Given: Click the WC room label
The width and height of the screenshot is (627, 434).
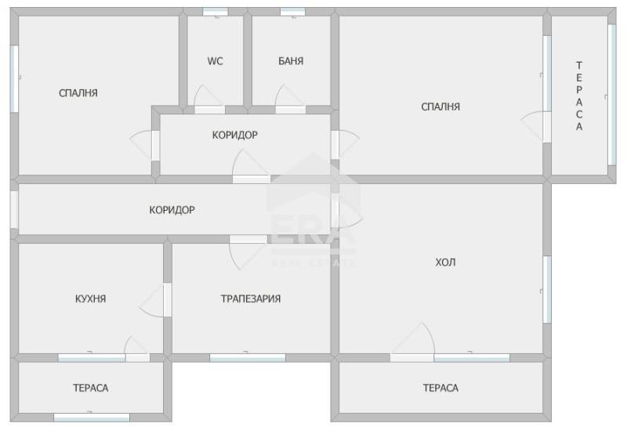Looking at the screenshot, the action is tap(215, 61).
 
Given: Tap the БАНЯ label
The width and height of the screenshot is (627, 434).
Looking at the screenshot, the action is tap(291, 61).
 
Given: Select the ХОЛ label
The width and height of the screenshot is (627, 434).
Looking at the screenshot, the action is tap(445, 262).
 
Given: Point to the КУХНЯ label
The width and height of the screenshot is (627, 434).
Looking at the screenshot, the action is tap(90, 298).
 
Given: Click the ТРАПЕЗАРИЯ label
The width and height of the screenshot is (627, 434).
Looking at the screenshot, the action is tap(251, 298).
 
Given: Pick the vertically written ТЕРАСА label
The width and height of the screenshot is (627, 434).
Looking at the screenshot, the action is tap(579, 96).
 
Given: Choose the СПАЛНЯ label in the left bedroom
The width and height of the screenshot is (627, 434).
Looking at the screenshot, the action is tap(78, 93).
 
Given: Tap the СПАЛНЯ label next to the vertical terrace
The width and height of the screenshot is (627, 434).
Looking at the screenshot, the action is tap(440, 107).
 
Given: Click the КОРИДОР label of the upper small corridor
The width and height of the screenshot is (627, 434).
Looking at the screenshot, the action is tap(234, 135).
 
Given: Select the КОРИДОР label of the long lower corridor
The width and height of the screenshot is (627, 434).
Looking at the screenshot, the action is tap(172, 210).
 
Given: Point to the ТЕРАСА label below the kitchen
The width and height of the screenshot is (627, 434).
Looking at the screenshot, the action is tap(90, 388).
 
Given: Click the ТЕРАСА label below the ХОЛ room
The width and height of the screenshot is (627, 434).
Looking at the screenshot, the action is tap(440, 388).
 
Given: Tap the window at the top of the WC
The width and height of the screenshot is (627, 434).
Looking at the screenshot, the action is tap(215, 12).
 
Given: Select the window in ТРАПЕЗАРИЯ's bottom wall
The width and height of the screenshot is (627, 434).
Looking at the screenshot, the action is tap(248, 358).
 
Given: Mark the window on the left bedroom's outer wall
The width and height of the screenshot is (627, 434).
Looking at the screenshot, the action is tap(14, 78).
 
